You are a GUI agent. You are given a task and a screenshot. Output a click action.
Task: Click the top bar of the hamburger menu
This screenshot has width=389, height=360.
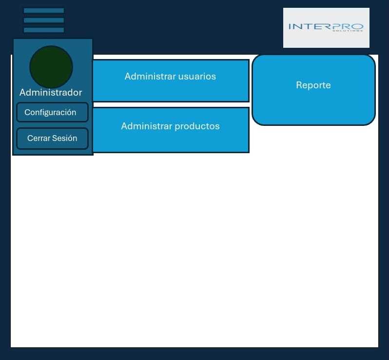click(44, 11)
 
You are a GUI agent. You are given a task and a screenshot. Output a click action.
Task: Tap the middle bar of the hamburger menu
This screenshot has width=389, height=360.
click(44, 20)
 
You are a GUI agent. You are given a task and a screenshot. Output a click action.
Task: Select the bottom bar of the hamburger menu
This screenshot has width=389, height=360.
click(44, 30)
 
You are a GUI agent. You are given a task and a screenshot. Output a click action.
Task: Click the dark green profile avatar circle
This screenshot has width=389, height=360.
click(51, 67)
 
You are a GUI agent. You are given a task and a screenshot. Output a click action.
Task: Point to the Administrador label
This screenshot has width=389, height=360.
click(51, 93)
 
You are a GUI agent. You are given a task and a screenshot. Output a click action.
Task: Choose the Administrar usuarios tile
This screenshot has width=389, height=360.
click(171, 81)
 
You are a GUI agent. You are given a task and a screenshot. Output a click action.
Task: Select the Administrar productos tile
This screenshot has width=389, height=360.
click(171, 130)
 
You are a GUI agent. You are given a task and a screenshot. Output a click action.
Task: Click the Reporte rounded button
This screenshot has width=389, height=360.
click(313, 90)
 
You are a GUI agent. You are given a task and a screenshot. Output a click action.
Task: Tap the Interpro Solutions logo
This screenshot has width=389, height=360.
click(326, 28)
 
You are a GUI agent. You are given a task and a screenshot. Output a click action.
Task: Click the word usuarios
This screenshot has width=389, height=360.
click(197, 77)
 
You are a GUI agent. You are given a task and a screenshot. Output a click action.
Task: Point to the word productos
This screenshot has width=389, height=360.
click(197, 126)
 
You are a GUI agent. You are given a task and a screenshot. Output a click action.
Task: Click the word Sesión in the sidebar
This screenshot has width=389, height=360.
click(65, 139)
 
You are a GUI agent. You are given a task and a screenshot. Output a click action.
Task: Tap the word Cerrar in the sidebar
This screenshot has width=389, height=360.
click(39, 139)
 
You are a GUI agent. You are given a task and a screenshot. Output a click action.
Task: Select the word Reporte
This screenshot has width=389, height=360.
click(313, 85)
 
